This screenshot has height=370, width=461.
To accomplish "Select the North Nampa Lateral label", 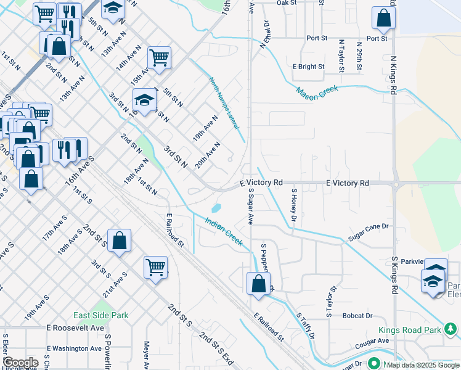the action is (224, 103).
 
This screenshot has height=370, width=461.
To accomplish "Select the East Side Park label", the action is (100, 315).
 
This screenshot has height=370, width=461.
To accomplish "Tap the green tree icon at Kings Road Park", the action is (452, 329).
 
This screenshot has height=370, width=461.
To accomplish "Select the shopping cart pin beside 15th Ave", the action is (159, 57).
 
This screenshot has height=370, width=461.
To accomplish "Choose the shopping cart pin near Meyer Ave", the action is (156, 267).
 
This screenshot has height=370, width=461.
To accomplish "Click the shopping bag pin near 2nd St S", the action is (119, 241).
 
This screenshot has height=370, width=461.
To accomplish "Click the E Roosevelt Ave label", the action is (80, 328).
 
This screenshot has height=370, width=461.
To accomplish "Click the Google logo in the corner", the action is (20, 363).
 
